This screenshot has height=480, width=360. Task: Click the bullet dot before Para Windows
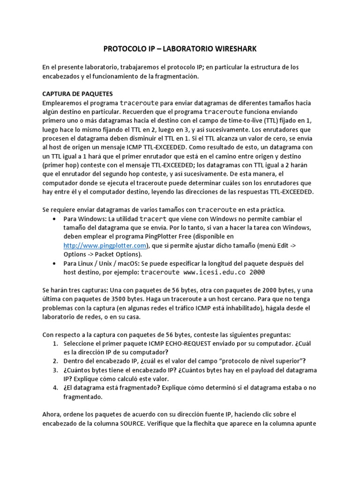(x=56, y=219)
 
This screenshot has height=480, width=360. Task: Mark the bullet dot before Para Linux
(x=56, y=263)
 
